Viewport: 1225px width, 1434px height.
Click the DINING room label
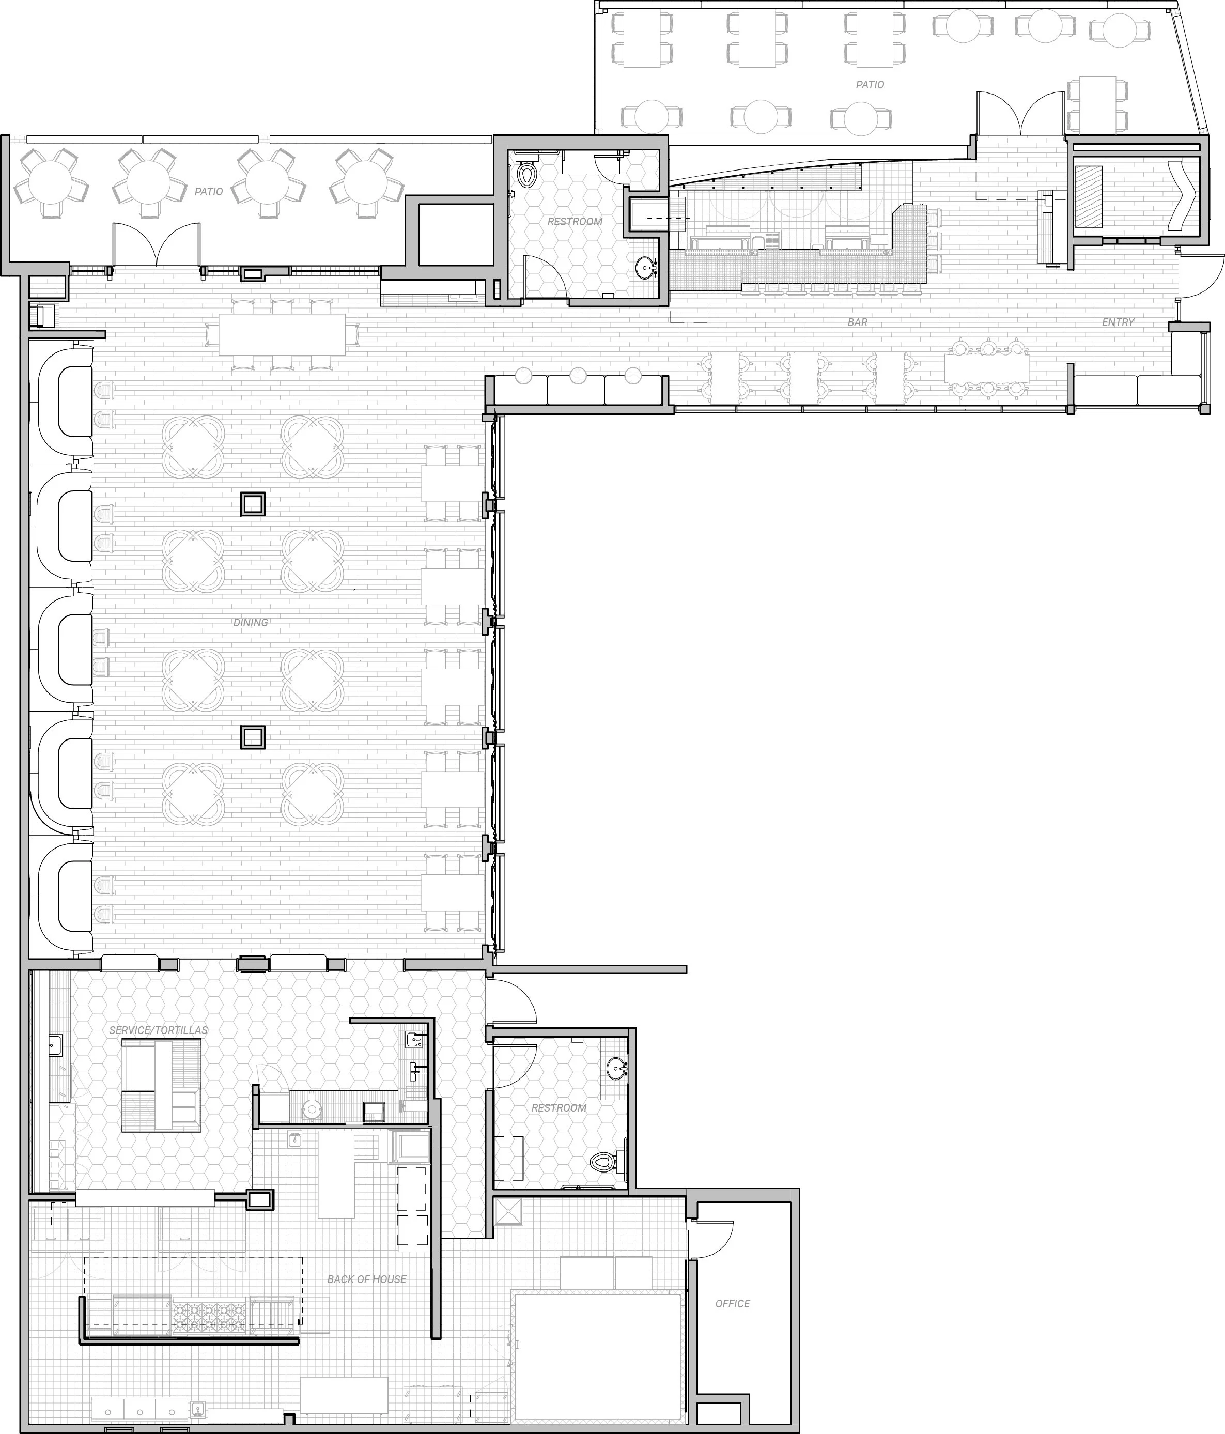click(x=251, y=623)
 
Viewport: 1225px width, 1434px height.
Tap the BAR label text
click(x=858, y=322)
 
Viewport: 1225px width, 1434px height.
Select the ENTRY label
click(x=1118, y=322)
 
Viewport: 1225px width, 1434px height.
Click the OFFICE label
click(x=732, y=1304)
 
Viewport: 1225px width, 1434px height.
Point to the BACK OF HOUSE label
click(x=367, y=1279)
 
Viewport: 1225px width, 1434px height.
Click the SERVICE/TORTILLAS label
click(x=159, y=1030)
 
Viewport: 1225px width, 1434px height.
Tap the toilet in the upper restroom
click(x=528, y=169)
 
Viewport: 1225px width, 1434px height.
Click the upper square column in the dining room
click(x=253, y=504)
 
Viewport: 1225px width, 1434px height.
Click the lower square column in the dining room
click(x=253, y=737)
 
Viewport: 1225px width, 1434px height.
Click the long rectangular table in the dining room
click(x=283, y=335)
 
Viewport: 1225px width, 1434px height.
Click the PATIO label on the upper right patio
click(x=870, y=84)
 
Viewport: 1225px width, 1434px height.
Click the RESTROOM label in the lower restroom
click(x=559, y=1108)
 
